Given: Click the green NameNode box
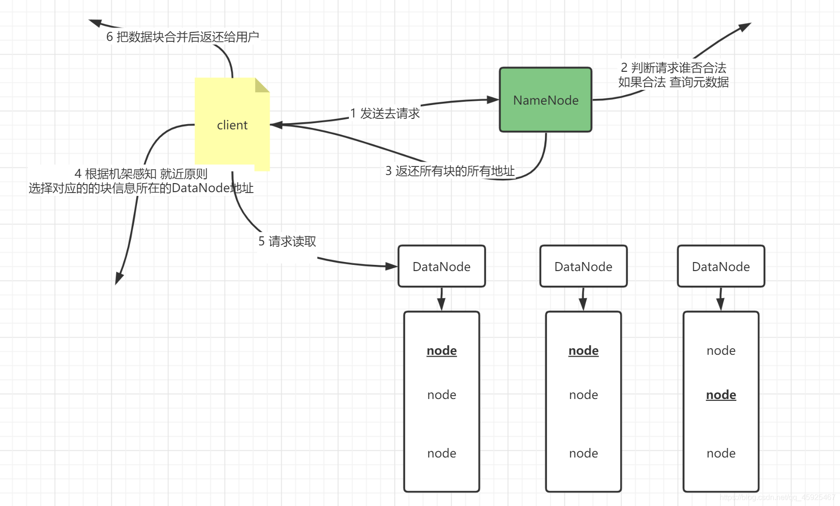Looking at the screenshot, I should (545, 100).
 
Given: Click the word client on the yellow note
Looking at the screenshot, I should (232, 125).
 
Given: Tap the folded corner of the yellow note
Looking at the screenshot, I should (261, 85).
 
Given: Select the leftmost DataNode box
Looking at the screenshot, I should (441, 266).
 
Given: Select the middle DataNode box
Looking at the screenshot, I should (583, 266).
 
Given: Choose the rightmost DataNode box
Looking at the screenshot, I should (721, 266).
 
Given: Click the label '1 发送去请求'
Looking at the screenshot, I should (385, 114).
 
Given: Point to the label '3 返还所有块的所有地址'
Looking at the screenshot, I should (450, 171).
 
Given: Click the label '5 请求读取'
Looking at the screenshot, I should (287, 242).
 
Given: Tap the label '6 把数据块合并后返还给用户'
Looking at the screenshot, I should (182, 37).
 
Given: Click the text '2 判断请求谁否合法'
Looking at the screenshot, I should (673, 68).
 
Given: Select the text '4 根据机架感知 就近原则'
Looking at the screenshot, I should (141, 174).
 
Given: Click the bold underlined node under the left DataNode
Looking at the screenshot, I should (441, 350).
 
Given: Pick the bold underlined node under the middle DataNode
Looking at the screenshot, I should (583, 350).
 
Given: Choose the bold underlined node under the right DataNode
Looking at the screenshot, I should (721, 395).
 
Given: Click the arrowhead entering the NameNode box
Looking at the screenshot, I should (493, 100).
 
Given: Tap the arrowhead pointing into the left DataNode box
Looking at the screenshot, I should (391, 266).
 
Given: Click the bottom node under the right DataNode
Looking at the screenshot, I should (721, 453).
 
